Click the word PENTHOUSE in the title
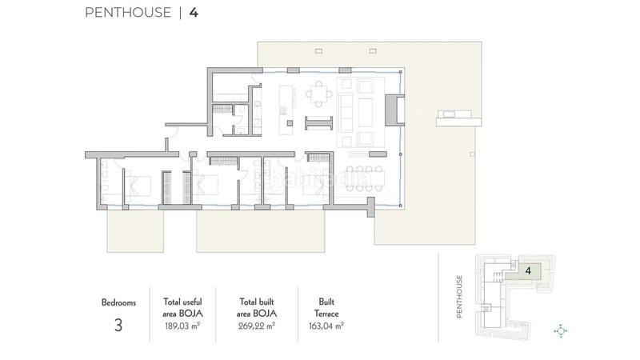click(x=127, y=12)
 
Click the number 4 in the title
click(x=194, y=12)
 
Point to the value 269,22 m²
click(x=257, y=326)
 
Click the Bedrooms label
click(x=118, y=303)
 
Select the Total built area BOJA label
click(x=257, y=308)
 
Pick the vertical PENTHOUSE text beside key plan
click(x=460, y=297)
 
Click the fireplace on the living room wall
click(x=393, y=110)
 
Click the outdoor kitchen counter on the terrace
click(x=458, y=120)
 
